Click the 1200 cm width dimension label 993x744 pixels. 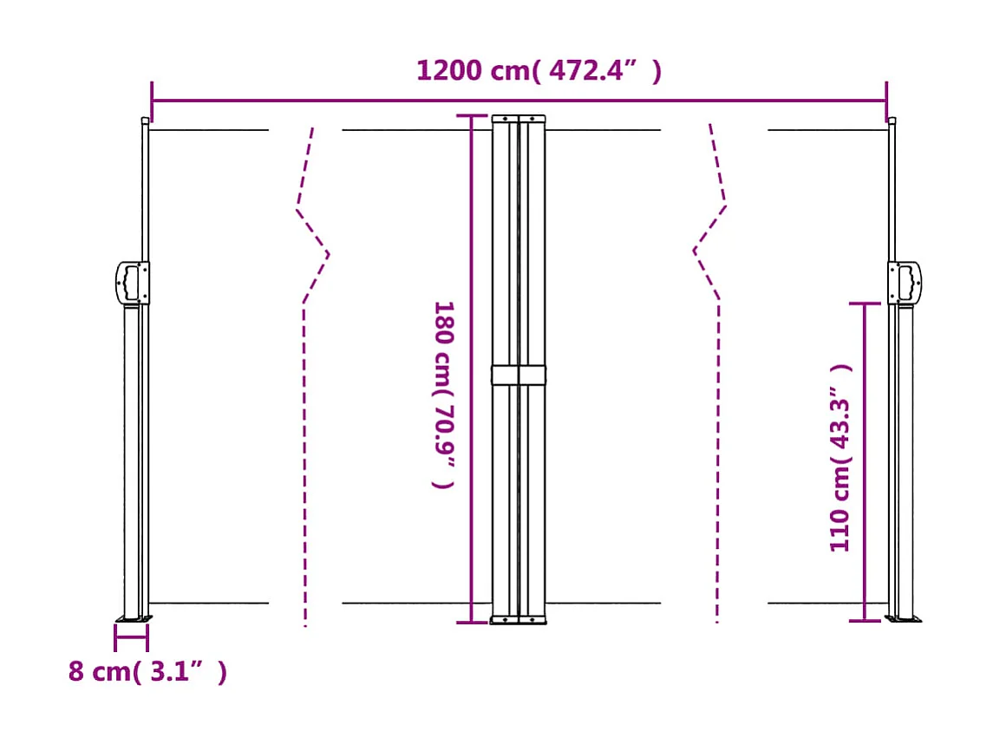(539, 70)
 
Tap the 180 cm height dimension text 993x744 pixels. (444, 395)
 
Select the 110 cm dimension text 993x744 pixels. (840, 457)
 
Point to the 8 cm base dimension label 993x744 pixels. (147, 671)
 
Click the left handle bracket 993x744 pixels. (131, 283)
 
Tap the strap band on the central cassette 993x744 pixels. (519, 375)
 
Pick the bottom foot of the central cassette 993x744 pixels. (519, 619)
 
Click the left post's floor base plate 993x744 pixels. (134, 619)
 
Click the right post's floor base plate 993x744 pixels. (904, 619)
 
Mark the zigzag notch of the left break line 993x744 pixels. (327, 254)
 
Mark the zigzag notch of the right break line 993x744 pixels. (695, 251)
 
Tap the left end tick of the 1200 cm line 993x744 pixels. (152, 101)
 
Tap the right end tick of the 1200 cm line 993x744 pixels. (886, 101)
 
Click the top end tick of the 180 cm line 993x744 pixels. (472, 116)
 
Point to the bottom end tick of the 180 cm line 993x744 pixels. (472, 622)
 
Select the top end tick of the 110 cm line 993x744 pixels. (865, 303)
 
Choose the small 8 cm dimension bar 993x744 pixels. (131, 637)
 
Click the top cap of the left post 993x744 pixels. (145, 121)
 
